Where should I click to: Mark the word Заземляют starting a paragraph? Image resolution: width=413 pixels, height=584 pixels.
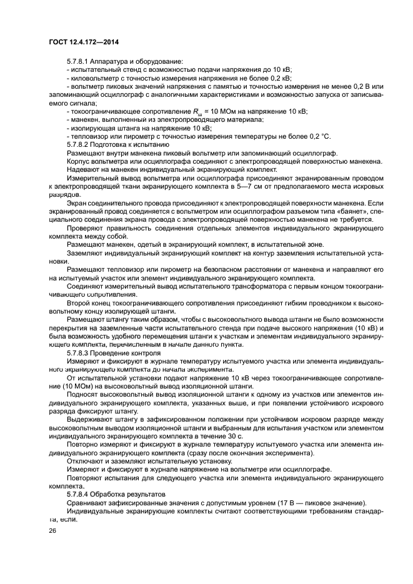click(86, 253)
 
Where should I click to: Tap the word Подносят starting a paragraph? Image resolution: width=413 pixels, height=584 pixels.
click(84, 395)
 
